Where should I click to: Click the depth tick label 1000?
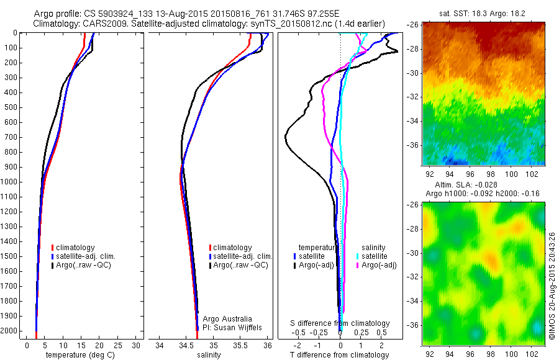11,182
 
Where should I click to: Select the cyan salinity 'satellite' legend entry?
372,256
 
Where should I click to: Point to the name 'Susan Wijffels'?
239,327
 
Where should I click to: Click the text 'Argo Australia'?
228,318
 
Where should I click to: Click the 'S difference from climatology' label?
340,323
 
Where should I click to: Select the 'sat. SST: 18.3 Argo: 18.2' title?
483,12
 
